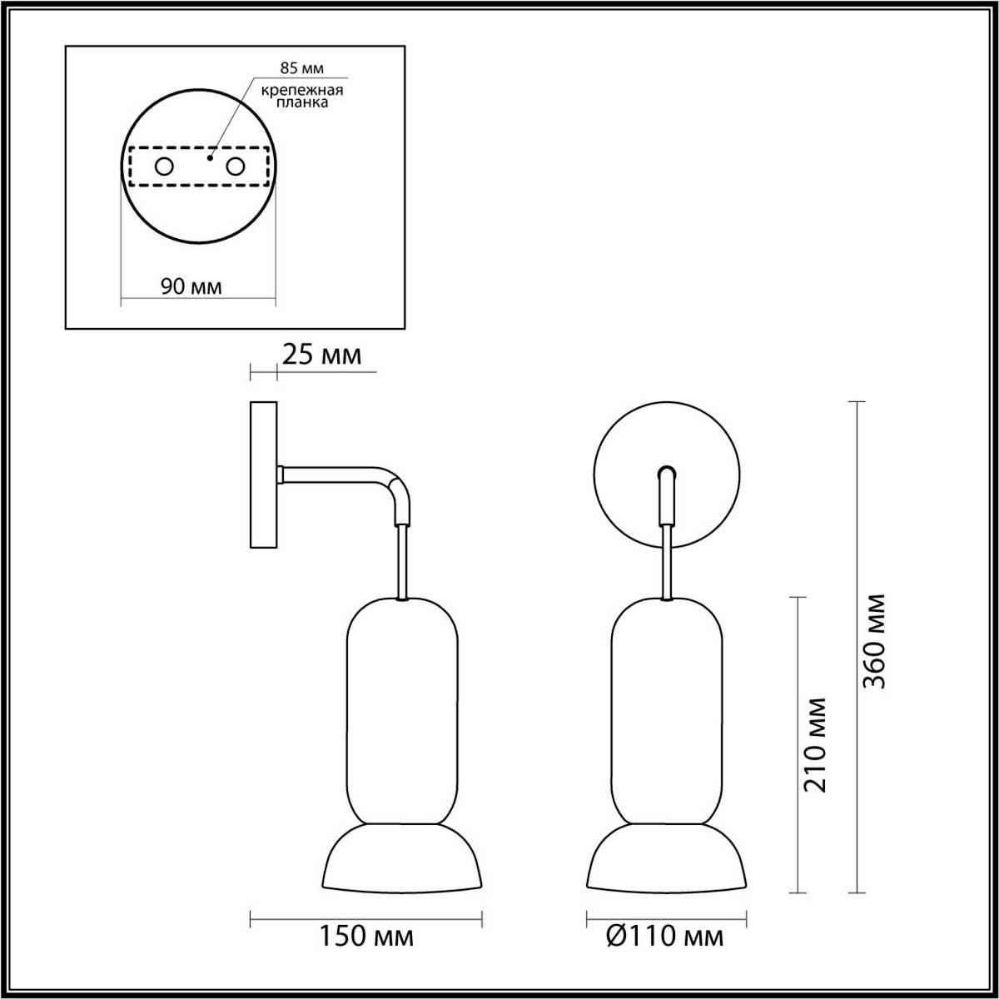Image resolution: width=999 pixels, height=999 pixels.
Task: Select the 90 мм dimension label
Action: pyautogui.click(x=191, y=286)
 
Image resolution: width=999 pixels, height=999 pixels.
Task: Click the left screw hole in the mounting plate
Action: pyautogui.click(x=164, y=167)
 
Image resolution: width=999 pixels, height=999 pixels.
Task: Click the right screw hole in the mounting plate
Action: pyautogui.click(x=236, y=167)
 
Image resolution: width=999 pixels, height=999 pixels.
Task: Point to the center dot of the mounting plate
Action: pyautogui.click(x=211, y=155)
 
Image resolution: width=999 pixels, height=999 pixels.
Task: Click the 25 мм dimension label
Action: pyautogui.click(x=322, y=355)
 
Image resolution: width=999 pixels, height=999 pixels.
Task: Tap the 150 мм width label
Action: pyautogui.click(x=366, y=937)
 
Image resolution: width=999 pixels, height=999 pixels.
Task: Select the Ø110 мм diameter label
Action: pyautogui.click(x=665, y=937)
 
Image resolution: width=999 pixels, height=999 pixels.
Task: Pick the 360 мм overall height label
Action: pyautogui.click(x=873, y=641)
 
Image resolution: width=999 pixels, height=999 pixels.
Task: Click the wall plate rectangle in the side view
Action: pyautogui.click(x=263, y=475)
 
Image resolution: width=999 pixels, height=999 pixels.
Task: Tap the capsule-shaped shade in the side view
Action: pyautogui.click(x=402, y=712)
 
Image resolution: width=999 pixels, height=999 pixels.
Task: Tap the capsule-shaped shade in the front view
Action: pyautogui.click(x=666, y=712)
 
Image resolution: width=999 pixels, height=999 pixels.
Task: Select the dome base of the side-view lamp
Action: pyautogui.click(x=402, y=857)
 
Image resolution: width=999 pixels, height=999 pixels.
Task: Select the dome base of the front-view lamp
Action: pyautogui.click(x=666, y=857)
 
